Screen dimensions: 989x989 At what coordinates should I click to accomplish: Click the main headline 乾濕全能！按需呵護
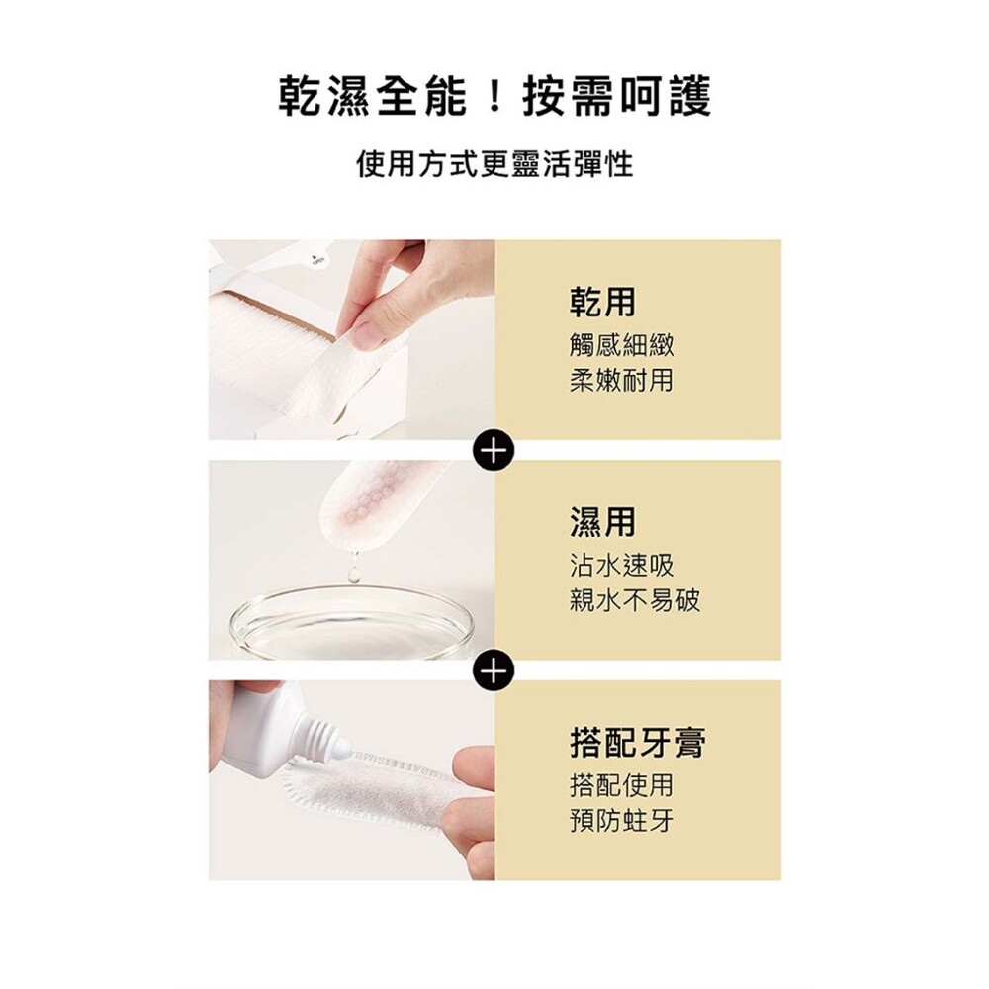point(494,96)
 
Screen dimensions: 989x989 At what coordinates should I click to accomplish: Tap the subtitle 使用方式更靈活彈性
point(494,164)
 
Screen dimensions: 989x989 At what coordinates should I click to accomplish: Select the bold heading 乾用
point(602,302)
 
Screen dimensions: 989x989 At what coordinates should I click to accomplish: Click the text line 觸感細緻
point(622,345)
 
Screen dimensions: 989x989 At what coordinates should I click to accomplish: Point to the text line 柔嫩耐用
point(622,380)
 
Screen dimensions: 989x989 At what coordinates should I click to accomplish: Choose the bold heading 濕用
point(602,522)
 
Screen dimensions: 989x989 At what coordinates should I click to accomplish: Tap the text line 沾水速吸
point(622,565)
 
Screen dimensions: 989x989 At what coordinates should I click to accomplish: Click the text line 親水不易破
point(635,600)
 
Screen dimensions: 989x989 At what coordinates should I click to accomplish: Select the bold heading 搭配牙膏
point(638,743)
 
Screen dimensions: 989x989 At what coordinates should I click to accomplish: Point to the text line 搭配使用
point(622,785)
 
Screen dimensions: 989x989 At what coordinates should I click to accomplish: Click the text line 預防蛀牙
point(622,821)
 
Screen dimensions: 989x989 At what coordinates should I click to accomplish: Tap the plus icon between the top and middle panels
point(494,450)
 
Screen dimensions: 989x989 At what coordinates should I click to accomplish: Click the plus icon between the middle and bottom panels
point(494,671)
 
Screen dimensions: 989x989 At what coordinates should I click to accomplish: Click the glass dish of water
point(352,621)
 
